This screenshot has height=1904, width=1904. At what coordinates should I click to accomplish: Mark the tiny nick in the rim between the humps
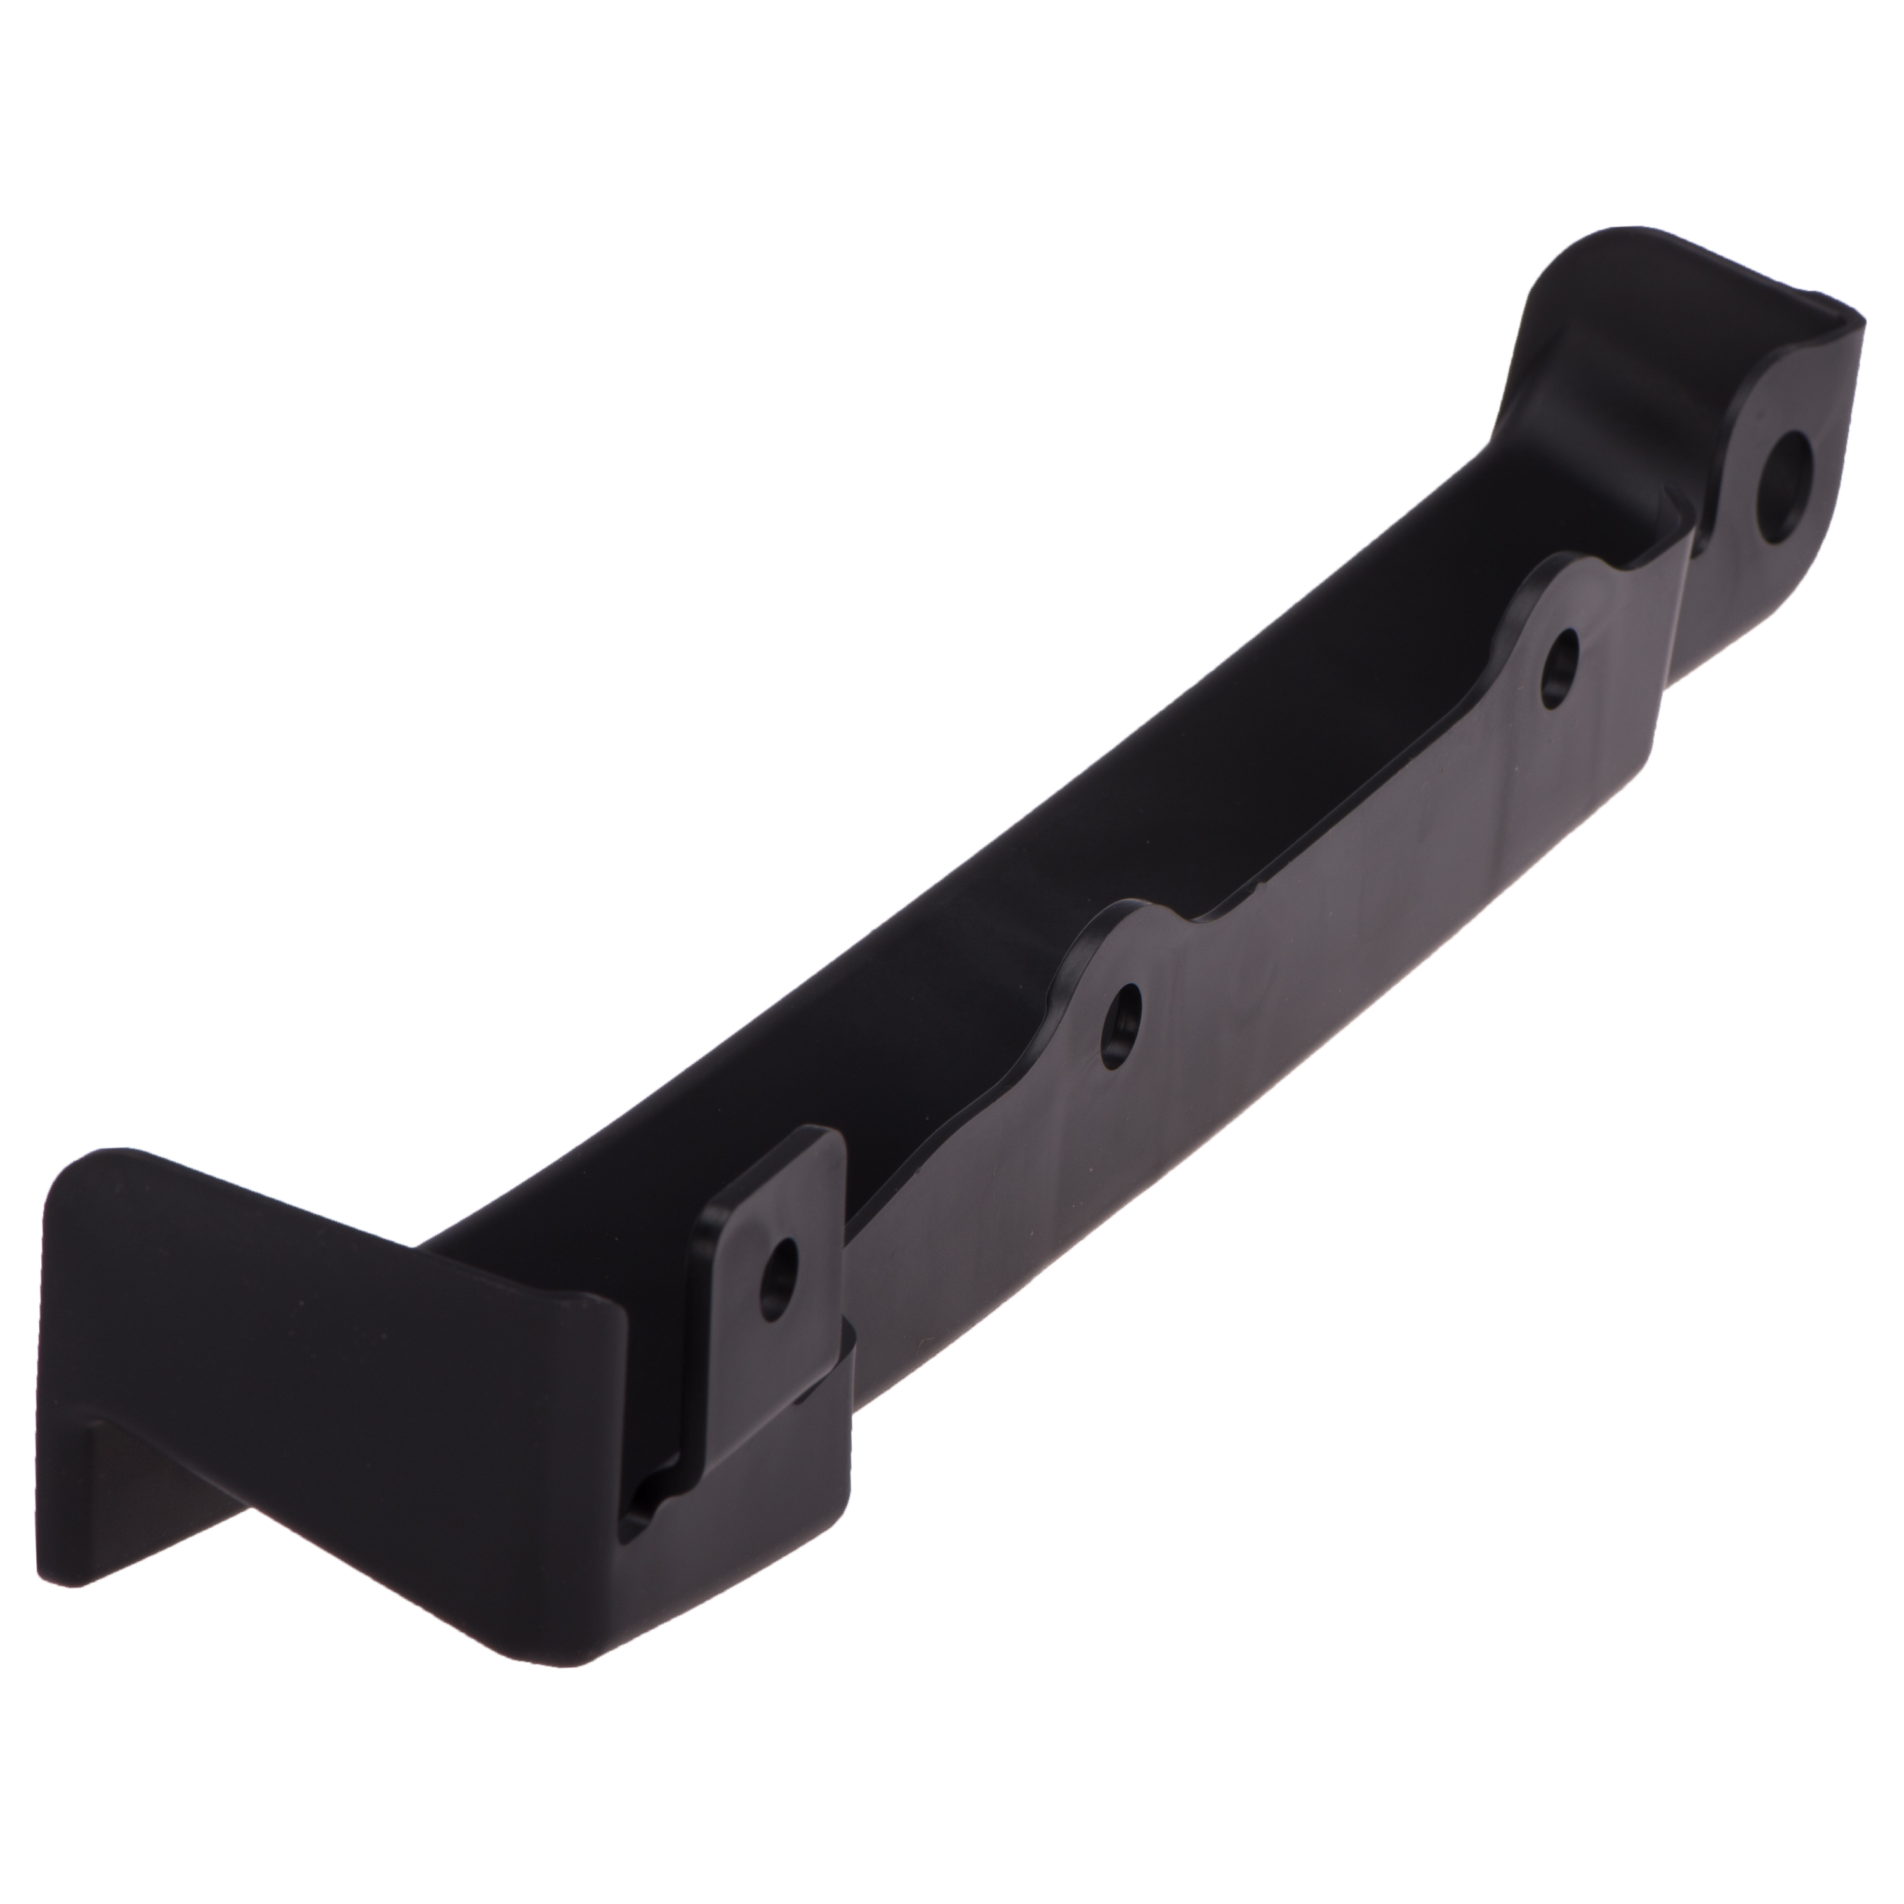coord(1257,892)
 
